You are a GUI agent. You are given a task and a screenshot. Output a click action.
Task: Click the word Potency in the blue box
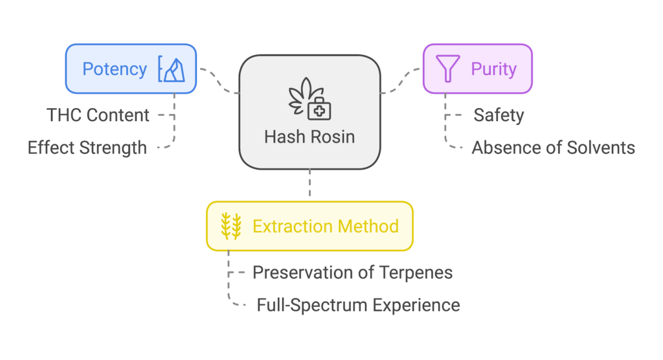[x=115, y=69]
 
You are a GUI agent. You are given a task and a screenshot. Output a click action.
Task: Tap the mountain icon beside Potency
[x=172, y=69]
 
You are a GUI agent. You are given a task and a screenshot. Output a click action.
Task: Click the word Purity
[x=493, y=69]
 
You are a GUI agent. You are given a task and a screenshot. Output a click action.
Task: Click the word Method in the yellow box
[x=368, y=226]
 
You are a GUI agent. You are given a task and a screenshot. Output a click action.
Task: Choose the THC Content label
[x=98, y=115]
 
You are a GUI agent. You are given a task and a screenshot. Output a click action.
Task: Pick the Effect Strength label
[x=87, y=148]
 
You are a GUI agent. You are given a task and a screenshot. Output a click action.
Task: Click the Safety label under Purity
[x=499, y=115]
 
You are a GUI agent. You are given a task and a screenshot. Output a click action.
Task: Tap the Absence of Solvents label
[x=553, y=148]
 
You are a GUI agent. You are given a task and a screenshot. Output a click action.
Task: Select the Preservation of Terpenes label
[x=352, y=272]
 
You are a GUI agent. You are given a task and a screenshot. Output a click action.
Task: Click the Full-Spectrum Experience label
[x=358, y=304]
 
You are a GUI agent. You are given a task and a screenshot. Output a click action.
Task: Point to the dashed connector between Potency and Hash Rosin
[x=218, y=81]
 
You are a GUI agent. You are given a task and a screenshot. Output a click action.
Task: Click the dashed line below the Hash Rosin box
[x=309, y=185]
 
